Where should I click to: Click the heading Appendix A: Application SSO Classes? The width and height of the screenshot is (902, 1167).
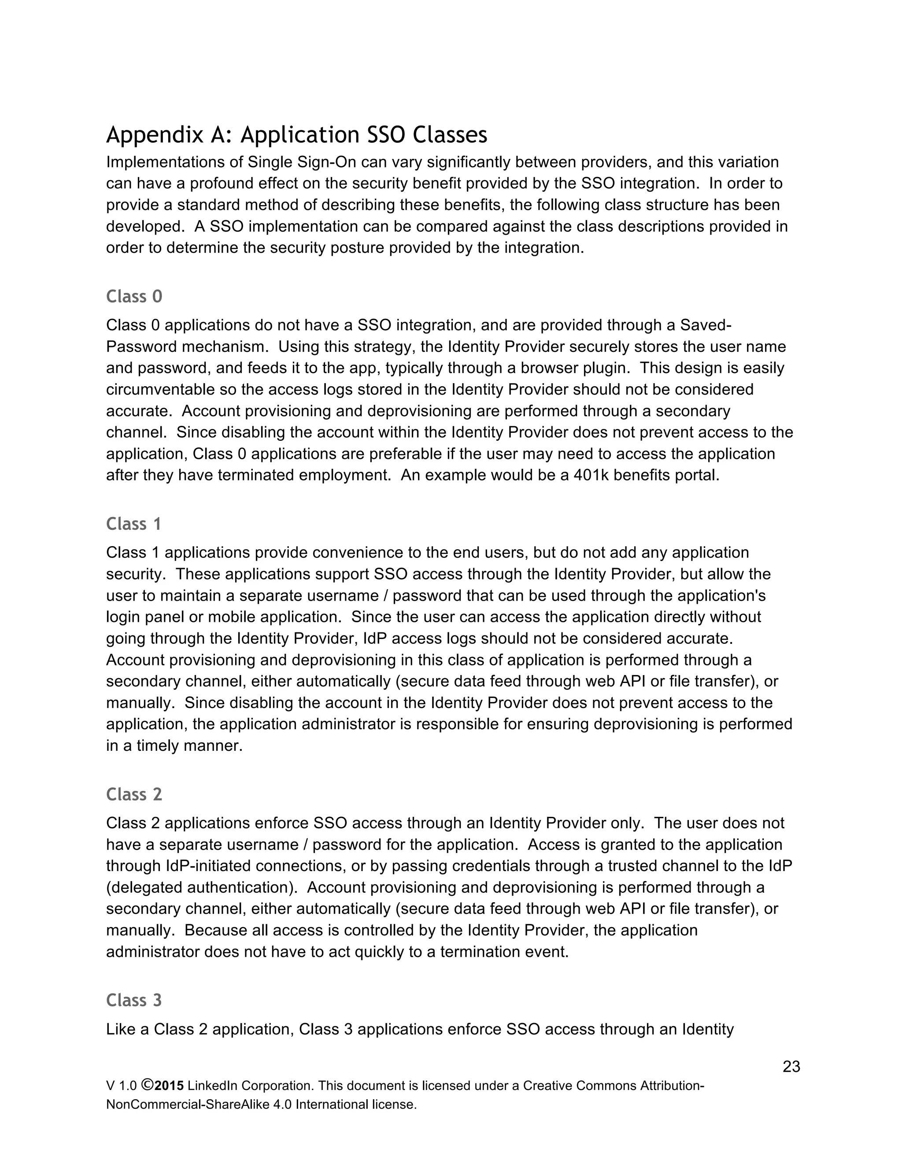pyautogui.click(x=296, y=135)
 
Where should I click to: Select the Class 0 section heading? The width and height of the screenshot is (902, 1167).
pyautogui.click(x=134, y=296)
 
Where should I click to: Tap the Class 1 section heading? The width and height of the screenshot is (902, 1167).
pyautogui.click(x=133, y=524)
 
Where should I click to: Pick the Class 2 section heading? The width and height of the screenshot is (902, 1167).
pyautogui.click(x=134, y=794)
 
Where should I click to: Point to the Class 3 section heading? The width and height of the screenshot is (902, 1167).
pyautogui.click(x=134, y=1000)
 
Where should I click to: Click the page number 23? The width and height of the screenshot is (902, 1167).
pyautogui.click(x=791, y=1067)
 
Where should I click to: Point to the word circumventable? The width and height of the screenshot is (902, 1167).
pyautogui.click(x=160, y=390)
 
